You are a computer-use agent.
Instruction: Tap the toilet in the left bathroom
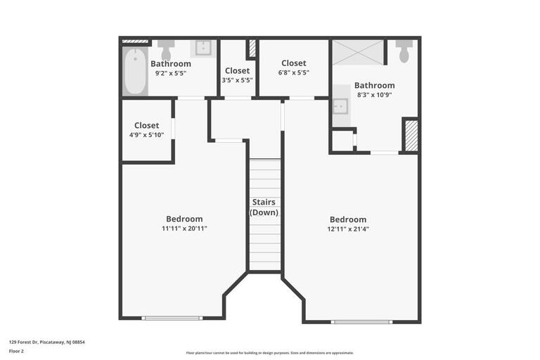coord(166,51)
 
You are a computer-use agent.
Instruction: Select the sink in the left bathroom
coord(202,49)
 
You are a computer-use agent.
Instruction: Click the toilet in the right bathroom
coord(404,52)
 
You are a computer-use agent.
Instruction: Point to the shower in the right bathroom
coord(358,53)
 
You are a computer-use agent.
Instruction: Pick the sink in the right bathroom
coord(340,105)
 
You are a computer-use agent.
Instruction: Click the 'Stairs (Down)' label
coord(265,207)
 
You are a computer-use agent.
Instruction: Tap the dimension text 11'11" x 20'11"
coord(184,228)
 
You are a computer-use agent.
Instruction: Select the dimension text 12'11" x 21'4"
coord(347,229)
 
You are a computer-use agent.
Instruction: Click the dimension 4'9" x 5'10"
coord(147,134)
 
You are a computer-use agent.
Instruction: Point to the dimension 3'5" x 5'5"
coord(237,79)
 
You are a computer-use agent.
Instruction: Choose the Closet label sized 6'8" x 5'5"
coord(293,63)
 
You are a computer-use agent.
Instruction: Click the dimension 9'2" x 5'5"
coord(170,72)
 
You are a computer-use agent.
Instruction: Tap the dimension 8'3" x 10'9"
coord(374,94)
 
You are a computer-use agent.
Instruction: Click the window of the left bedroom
coord(172,319)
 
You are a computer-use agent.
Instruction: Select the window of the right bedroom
coord(362,322)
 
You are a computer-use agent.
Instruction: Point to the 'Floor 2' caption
coord(16,351)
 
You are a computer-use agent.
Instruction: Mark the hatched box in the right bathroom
coord(411,136)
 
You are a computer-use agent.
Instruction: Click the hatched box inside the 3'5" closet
coord(252,49)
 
